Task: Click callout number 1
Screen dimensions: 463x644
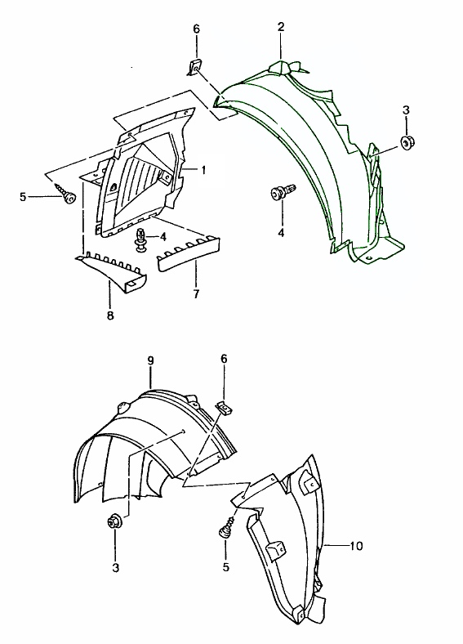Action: [x=203, y=169]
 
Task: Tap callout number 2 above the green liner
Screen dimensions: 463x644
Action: [x=281, y=27]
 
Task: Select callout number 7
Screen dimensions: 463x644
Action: [x=196, y=293]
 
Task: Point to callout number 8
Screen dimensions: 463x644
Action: [x=110, y=315]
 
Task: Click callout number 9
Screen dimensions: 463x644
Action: [x=150, y=360]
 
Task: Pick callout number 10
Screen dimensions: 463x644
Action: [x=356, y=546]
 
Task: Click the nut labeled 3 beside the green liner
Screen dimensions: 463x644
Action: [x=407, y=142]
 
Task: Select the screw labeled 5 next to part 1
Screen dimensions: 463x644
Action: [x=65, y=194]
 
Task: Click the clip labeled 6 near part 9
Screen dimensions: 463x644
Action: [x=224, y=407]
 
